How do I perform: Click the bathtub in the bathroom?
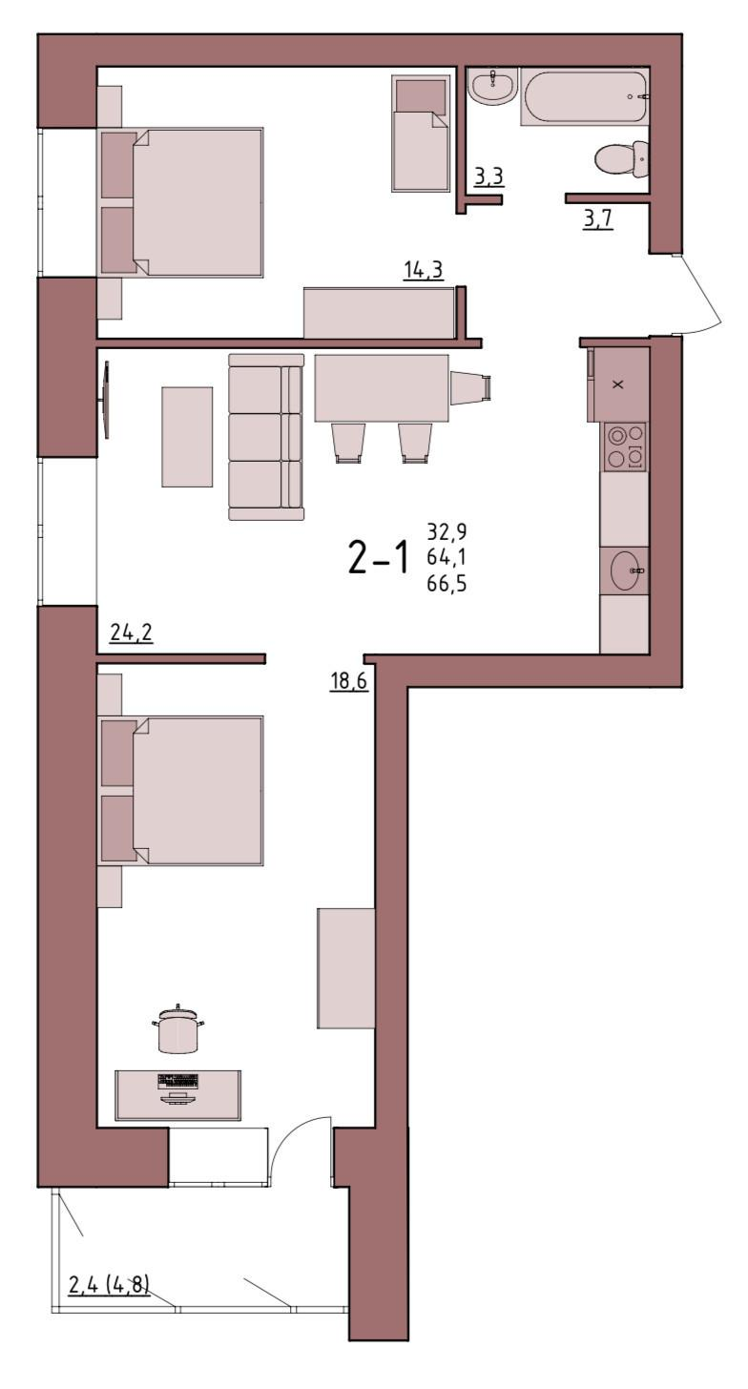click(x=584, y=97)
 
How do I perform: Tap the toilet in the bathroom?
click(x=621, y=158)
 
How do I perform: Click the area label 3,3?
click(x=488, y=177)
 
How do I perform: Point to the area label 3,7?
click(x=598, y=218)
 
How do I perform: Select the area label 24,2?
click(x=131, y=632)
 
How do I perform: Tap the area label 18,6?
click(x=348, y=681)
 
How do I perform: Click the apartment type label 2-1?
click(x=379, y=557)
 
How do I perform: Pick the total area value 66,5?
click(x=447, y=584)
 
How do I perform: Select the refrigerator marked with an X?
click(x=617, y=384)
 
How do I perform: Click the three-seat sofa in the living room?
click(x=266, y=437)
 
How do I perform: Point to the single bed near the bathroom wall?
click(x=421, y=134)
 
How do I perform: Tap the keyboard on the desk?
click(x=178, y=1081)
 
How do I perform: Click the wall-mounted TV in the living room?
click(x=106, y=400)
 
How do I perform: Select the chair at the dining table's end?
click(x=471, y=387)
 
